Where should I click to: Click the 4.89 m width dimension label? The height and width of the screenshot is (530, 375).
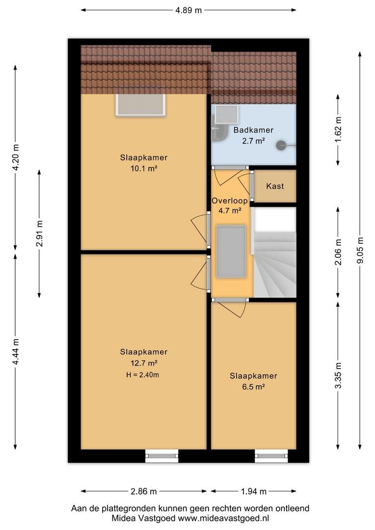coord(188,10)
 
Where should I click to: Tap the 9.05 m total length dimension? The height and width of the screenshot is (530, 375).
coord(360,250)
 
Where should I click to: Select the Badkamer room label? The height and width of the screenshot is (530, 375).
coord(253,130)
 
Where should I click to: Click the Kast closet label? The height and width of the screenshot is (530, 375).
coord(275,186)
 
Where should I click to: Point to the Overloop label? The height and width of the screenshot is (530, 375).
coord(230,200)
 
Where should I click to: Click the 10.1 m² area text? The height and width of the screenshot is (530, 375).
coord(144,168)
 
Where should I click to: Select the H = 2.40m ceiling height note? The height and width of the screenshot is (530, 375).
coord(142,374)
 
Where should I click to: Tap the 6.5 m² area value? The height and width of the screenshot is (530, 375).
coord(253,387)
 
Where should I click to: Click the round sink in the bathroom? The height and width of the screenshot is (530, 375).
coord(281,145)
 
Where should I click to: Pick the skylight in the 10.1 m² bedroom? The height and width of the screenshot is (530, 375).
coord(141,105)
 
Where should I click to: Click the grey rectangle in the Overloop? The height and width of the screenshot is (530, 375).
coord(231,252)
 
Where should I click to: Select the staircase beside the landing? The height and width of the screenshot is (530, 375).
coord(274,252)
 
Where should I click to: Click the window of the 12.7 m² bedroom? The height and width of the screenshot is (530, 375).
coord(161,456)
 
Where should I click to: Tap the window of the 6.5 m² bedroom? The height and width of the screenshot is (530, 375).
coord(271,456)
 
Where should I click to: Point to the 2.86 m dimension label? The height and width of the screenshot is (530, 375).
coord(144,491)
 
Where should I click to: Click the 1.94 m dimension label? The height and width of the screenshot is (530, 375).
coord(254,491)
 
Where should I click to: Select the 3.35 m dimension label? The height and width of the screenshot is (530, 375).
coord(338,375)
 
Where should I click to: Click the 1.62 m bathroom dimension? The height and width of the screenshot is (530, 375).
coord(338,130)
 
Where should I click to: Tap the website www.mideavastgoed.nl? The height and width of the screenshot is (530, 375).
coord(223,518)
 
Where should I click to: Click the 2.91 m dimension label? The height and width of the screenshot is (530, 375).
coord(39,234)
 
